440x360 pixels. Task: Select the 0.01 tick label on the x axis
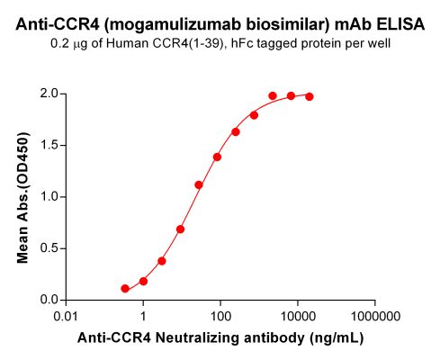(66, 317)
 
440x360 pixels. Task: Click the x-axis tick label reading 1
(143, 317)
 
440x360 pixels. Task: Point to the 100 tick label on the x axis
(220, 317)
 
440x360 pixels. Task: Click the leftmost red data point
(125, 288)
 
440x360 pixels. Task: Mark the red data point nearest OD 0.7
(181, 229)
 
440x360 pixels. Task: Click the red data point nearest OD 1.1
(199, 184)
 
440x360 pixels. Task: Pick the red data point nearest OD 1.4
(217, 157)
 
